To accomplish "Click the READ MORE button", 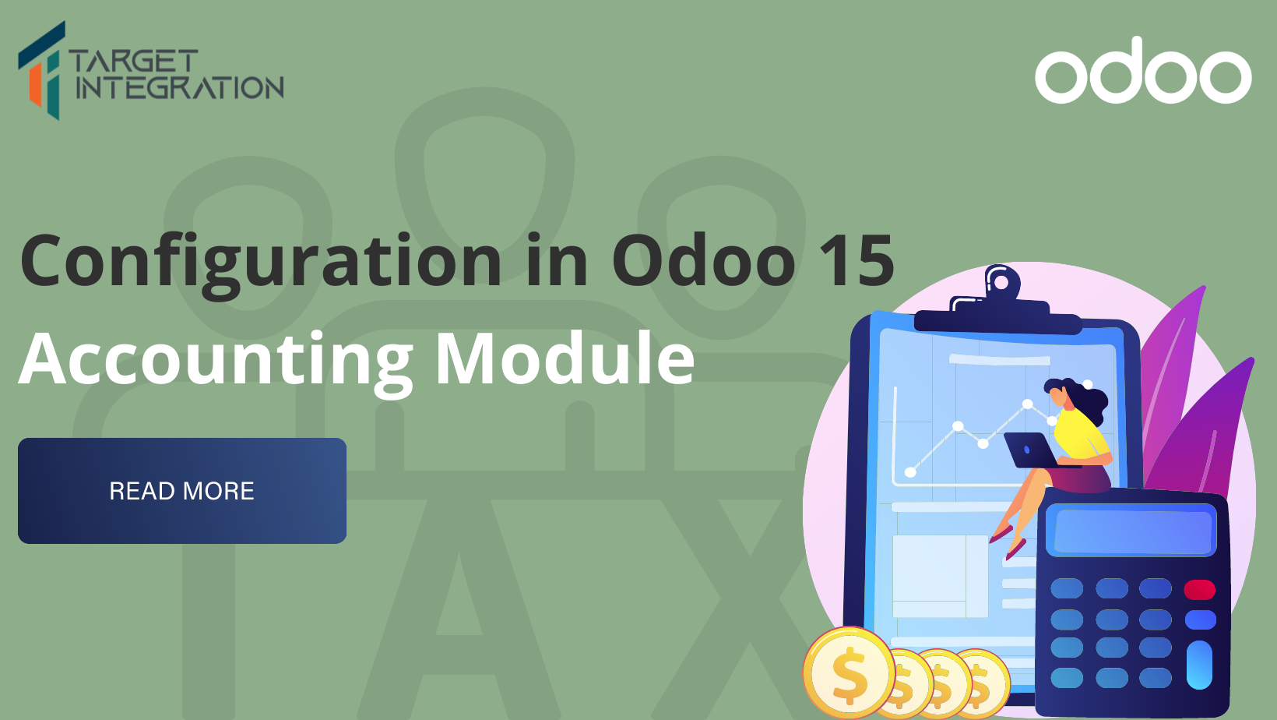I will tap(181, 491).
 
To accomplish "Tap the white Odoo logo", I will tap(1142, 72).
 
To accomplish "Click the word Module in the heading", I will tap(565, 359).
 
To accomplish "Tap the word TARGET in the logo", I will tap(133, 61).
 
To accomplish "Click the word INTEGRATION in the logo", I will tap(179, 88).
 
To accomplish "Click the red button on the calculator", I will tap(1199, 589).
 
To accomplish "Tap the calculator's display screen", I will tap(1131, 531).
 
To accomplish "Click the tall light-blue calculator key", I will tap(1199, 665).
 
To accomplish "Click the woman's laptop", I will tap(1029, 450).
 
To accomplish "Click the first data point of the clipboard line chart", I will tap(910, 471).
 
